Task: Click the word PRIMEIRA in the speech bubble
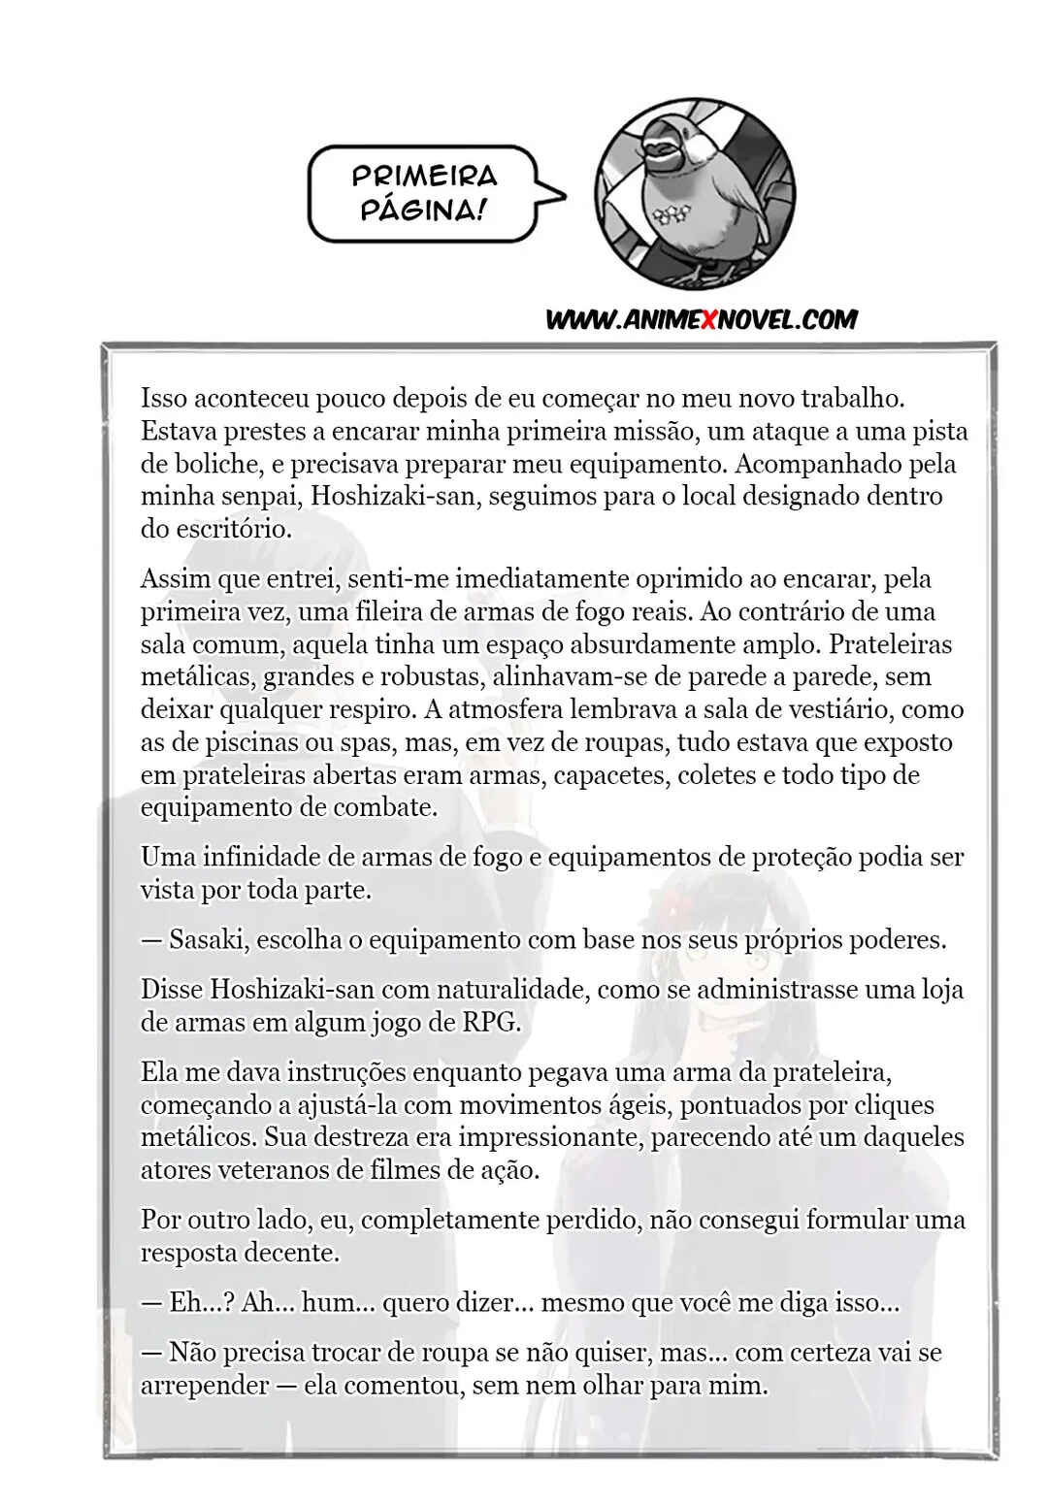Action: point(424,176)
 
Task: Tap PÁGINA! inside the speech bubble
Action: point(422,210)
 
